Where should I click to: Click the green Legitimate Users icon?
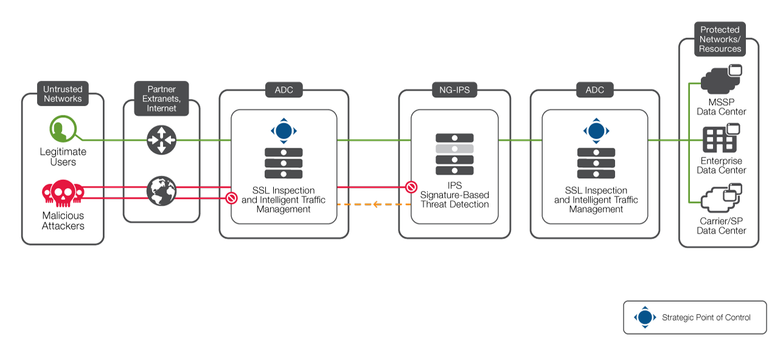[x=63, y=129]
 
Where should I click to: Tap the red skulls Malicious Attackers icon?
[x=63, y=193]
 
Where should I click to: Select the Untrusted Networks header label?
[x=63, y=94]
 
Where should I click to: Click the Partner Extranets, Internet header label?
[x=161, y=99]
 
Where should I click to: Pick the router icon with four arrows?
[x=161, y=140]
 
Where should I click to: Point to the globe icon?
[x=161, y=191]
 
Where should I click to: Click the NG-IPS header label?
[x=454, y=90]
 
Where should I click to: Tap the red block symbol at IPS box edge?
[x=411, y=187]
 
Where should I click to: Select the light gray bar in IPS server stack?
[x=454, y=149]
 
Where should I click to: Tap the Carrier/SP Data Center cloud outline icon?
[x=722, y=198]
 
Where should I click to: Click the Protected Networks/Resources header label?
[x=720, y=39]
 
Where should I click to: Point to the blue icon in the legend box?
[x=645, y=317]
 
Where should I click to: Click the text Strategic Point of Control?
[x=706, y=317]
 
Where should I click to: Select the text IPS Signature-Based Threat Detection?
[x=454, y=195]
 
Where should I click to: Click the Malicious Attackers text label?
[x=63, y=221]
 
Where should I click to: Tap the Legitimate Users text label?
[x=63, y=156]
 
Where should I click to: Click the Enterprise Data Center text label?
[x=722, y=165]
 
